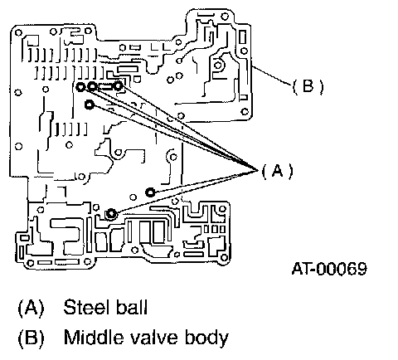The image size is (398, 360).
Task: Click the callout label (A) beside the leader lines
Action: pyautogui.click(x=277, y=170)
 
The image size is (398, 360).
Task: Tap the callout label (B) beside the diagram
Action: pyautogui.click(x=308, y=86)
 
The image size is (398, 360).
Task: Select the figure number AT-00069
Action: pyautogui.click(x=329, y=268)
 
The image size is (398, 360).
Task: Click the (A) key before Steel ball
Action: pyautogui.click(x=31, y=308)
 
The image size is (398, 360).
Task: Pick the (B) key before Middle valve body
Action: pyautogui.click(x=31, y=338)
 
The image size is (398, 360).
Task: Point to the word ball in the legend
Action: pyautogui.click(x=131, y=307)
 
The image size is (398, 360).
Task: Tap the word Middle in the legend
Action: pyautogui.click(x=94, y=337)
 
